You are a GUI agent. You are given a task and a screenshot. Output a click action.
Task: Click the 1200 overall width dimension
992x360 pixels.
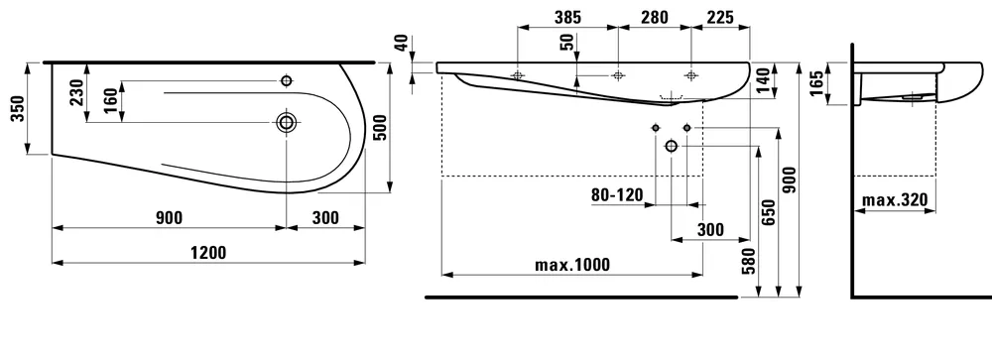(208, 253)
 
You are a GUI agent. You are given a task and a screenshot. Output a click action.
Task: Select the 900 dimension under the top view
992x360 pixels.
(169, 218)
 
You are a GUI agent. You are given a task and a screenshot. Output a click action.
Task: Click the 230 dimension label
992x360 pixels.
(76, 92)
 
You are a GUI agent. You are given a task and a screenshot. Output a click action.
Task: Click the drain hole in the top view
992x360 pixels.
(287, 123)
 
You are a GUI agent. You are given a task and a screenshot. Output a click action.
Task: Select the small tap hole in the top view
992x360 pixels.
(287, 81)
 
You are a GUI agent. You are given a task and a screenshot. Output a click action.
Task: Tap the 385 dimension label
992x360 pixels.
(567, 18)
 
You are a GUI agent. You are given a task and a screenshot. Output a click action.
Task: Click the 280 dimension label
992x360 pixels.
(654, 18)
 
